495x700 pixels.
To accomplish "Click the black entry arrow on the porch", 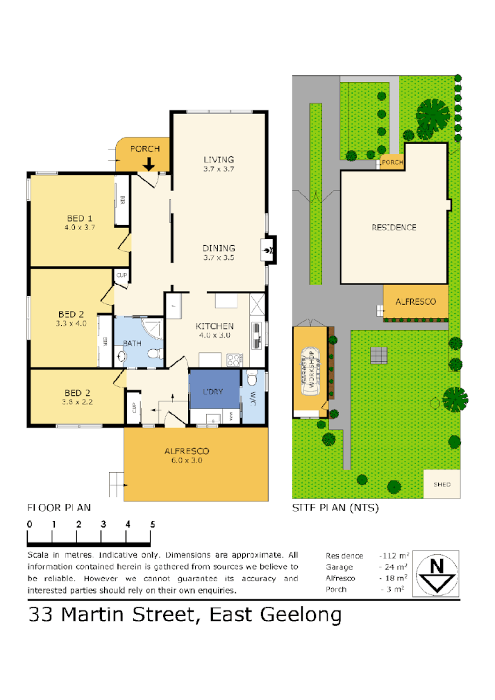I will coord(149,164).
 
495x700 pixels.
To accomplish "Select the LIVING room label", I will coord(219,159).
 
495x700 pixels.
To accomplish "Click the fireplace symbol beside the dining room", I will coord(267,248).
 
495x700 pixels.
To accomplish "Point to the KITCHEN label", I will coord(215,326).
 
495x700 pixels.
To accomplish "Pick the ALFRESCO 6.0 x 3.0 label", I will coord(187,451).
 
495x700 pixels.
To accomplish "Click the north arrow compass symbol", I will coord(436,573).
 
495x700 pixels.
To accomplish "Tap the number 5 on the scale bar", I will coord(151,524).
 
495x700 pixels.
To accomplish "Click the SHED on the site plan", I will coord(441,484).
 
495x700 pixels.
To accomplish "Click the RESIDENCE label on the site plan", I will coord(393,227).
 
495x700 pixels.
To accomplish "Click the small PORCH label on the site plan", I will coord(392,162).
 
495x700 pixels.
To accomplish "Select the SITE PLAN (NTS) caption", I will coord(335,508).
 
